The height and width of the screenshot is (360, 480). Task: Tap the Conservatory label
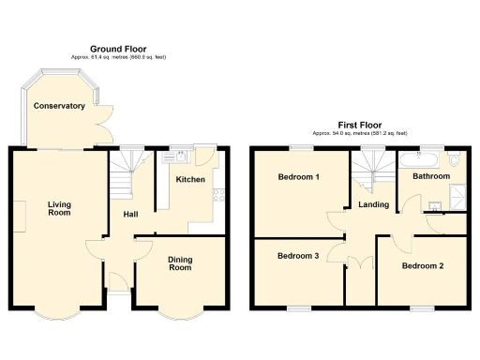coord(59,106)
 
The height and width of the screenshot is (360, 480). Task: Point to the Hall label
coord(131,215)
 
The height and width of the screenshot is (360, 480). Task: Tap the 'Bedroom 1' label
coord(298,177)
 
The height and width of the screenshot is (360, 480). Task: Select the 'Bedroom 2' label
coord(422,265)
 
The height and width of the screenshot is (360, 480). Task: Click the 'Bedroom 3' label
coord(297,255)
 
